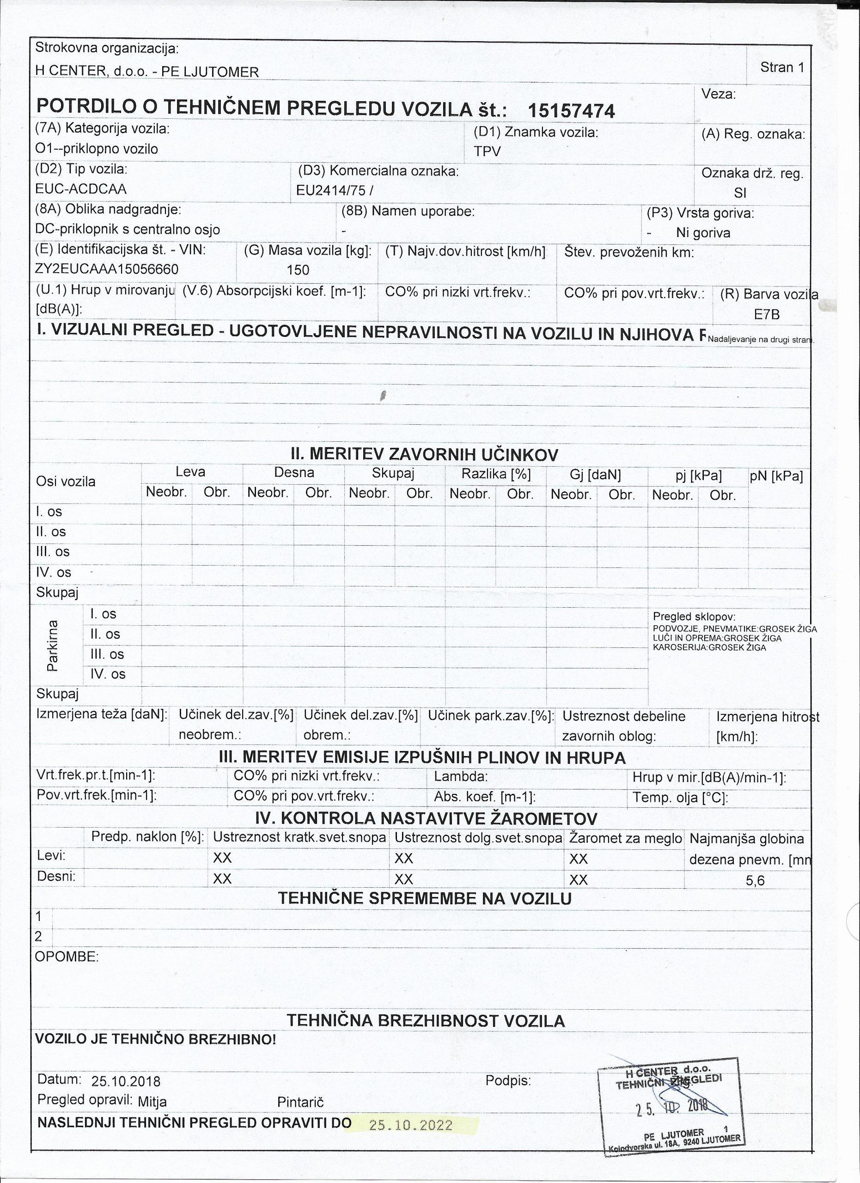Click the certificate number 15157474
571,110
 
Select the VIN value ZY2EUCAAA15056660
107,269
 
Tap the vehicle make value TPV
487,151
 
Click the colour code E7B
766,315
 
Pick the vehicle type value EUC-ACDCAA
81,189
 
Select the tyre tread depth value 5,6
755,881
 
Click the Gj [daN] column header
596,475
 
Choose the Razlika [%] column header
496,474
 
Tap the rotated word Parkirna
53,645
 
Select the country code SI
740,193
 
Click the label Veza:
718,94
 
